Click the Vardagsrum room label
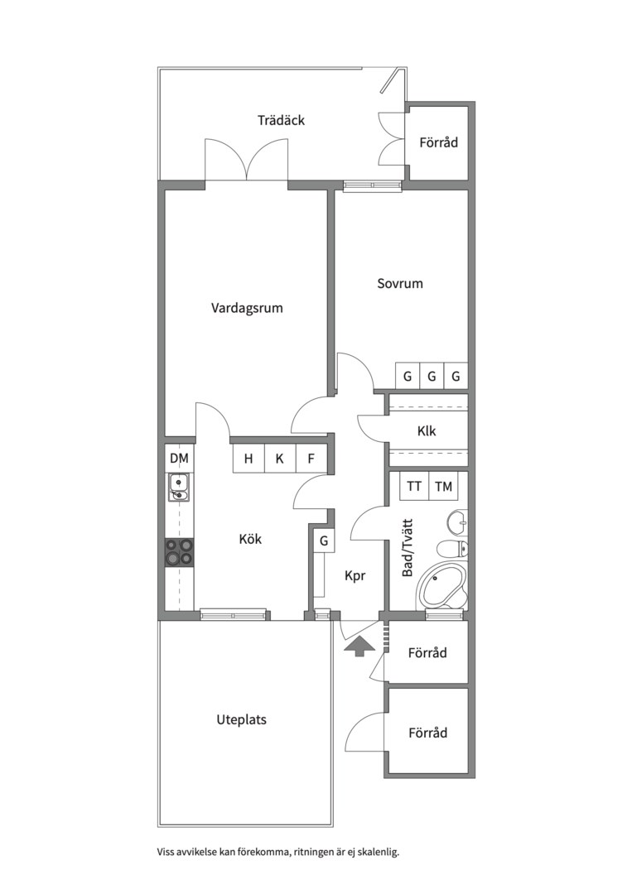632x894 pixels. (247, 309)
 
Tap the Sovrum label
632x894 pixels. (400, 283)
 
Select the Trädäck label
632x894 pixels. (281, 120)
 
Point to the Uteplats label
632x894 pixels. (241, 719)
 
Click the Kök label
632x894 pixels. (250, 539)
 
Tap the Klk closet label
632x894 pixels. (427, 430)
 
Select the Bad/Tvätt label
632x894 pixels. (408, 547)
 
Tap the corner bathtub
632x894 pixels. (442, 587)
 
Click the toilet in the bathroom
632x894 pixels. (452, 549)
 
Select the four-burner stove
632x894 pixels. (179, 552)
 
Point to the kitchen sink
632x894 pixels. (179, 488)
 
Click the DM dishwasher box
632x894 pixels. (179, 458)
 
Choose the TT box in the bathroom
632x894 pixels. (414, 487)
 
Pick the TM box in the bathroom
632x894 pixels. (443, 487)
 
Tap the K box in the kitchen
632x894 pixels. (279, 459)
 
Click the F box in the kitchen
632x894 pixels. (311, 459)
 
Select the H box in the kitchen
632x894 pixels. (248, 459)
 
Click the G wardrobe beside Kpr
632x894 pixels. (324, 541)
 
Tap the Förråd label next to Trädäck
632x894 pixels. (439, 142)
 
